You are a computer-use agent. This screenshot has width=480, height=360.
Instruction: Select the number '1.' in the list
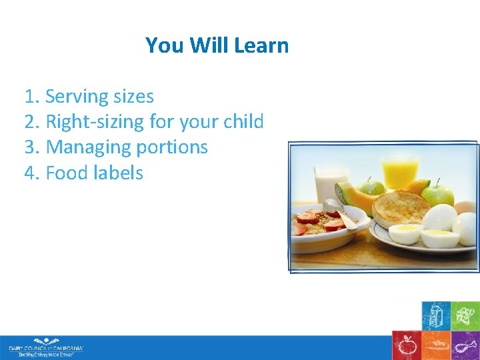(x=33, y=97)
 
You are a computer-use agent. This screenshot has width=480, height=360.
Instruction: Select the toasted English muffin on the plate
(x=400, y=207)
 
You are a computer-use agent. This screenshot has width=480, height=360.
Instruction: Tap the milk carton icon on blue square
(x=435, y=315)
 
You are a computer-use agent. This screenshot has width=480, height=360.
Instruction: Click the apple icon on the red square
(x=406, y=345)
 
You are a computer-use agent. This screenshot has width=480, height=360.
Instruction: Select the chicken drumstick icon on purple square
(x=465, y=345)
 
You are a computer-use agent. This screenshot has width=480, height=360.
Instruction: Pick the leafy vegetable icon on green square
(x=465, y=315)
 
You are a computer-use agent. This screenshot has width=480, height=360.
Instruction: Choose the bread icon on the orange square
(x=435, y=345)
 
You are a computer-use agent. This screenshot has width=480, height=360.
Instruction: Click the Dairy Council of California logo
(x=45, y=347)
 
